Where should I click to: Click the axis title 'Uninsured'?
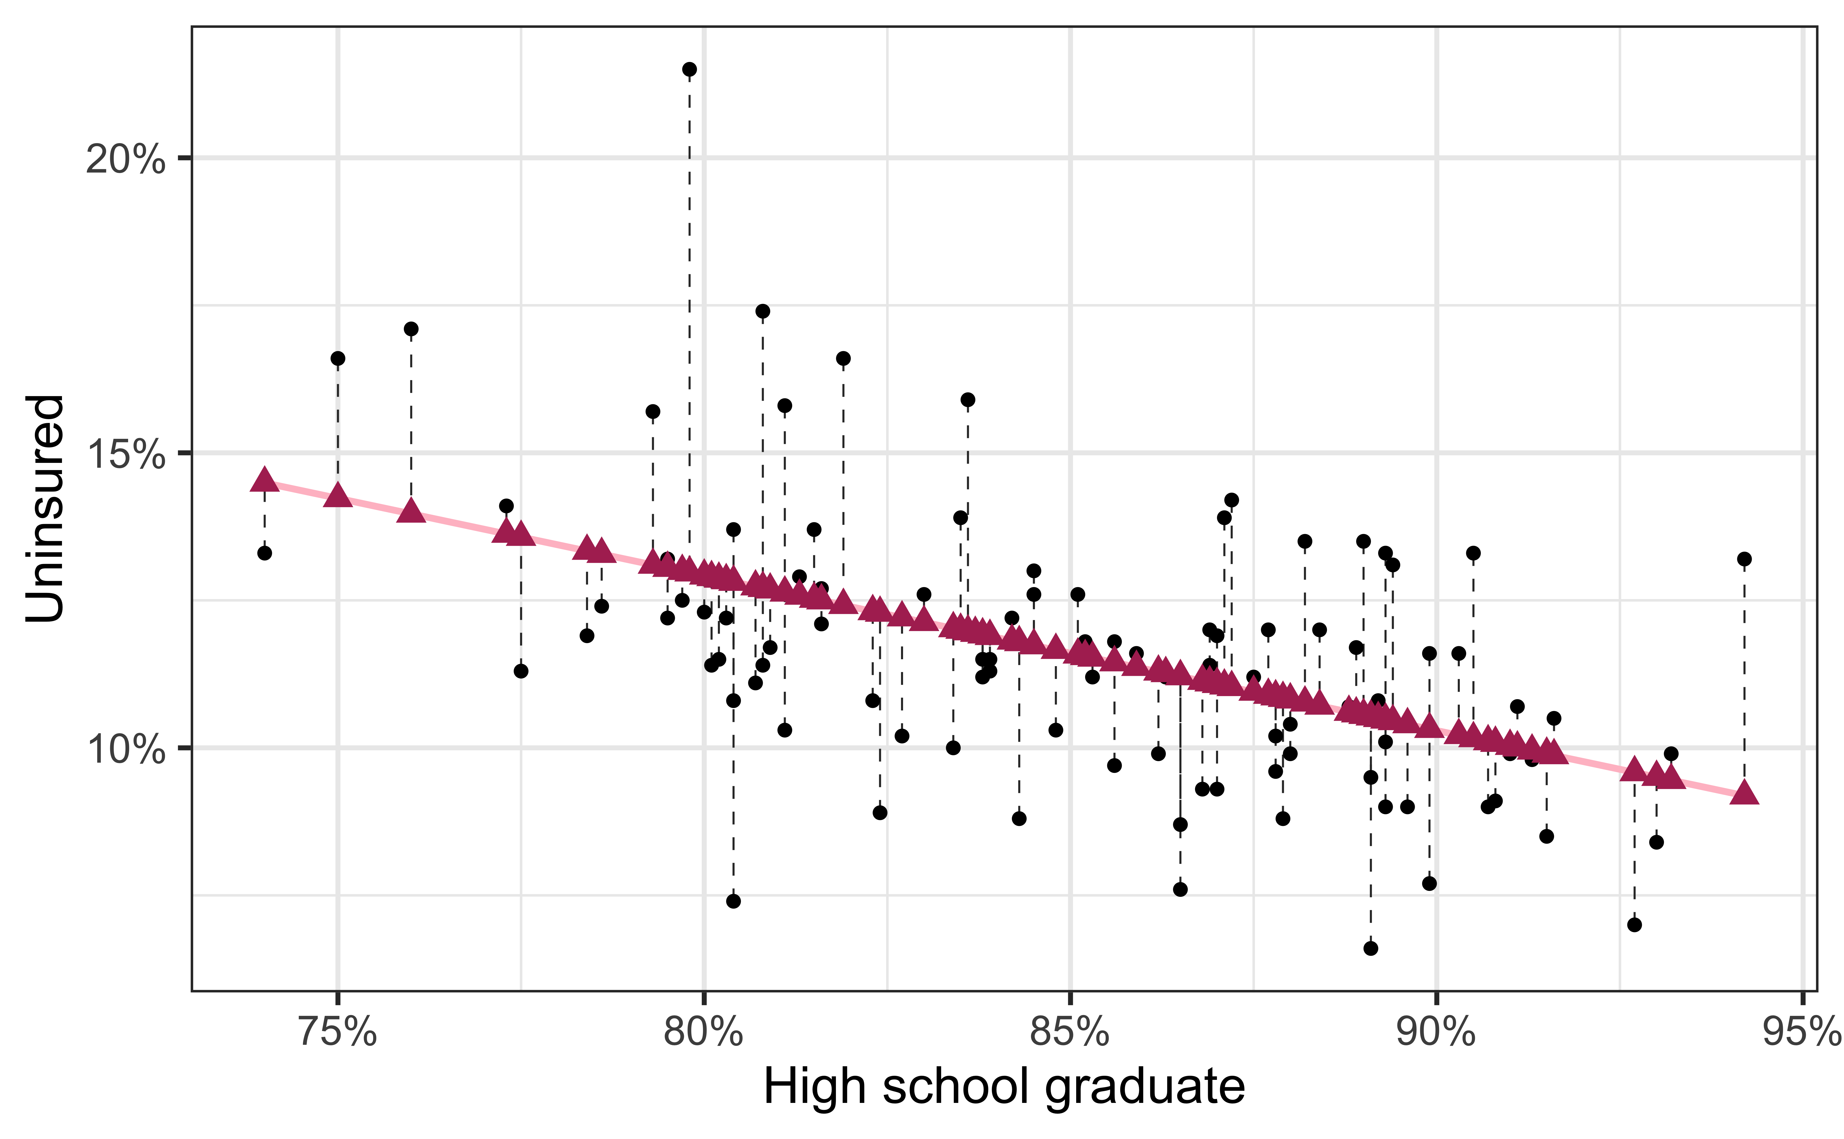[x=45, y=508]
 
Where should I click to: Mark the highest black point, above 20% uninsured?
[x=689, y=69]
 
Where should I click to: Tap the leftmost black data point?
[x=265, y=553]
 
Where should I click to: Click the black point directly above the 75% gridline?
[x=338, y=359]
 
